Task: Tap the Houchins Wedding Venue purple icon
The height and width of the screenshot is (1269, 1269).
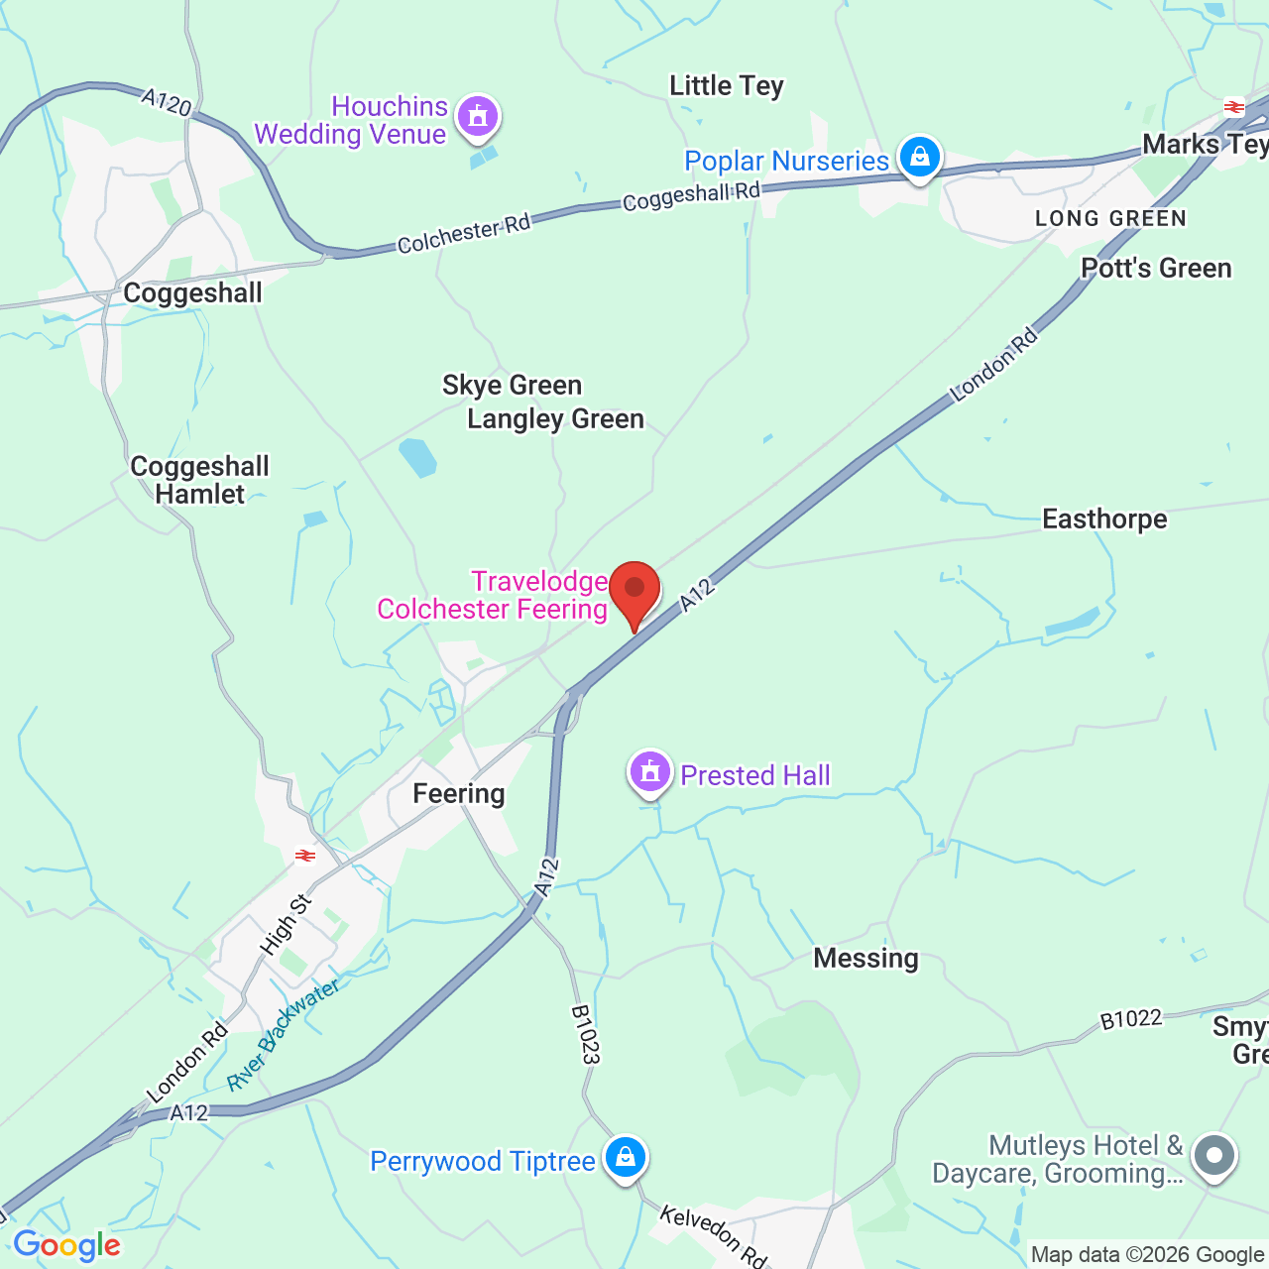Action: pos(478,116)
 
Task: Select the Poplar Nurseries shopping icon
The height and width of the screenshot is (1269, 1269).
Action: pos(919,158)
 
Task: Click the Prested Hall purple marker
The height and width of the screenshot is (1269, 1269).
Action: pos(650,771)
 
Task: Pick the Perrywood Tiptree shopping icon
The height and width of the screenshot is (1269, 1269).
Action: pos(626,1157)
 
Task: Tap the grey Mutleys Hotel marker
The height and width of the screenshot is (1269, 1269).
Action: pos(1214,1156)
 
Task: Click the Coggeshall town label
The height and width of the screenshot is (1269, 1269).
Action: pos(192,293)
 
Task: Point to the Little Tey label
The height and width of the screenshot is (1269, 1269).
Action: pos(727,86)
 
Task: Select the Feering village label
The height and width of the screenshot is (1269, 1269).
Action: pos(459,794)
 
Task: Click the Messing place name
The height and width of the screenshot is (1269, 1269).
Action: pos(865,959)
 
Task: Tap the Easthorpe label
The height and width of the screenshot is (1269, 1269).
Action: pos(1104,519)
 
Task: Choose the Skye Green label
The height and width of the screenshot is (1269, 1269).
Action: pos(512,386)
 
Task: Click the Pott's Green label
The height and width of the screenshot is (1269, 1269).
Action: pos(1156,269)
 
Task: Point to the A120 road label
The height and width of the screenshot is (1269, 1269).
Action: pos(166,102)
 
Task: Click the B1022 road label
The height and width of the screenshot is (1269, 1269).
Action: pos(1130,1020)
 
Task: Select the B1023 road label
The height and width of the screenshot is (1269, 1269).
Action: pos(585,1035)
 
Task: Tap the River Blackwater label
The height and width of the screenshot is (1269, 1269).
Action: pos(283,1034)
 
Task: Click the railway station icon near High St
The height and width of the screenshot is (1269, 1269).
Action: pos(305,856)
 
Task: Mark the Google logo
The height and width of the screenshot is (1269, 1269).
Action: pos(66,1245)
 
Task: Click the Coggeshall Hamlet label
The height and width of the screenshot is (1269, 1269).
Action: pos(199,481)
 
